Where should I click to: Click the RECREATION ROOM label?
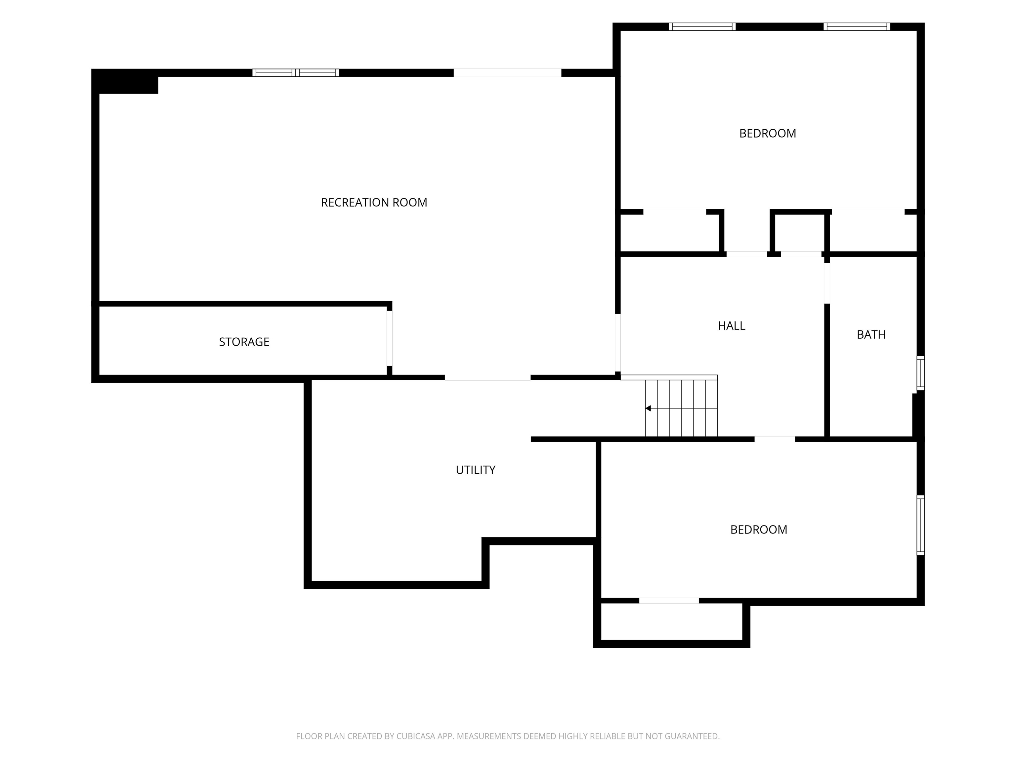pyautogui.click(x=374, y=202)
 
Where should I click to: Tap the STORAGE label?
pyautogui.click(x=244, y=342)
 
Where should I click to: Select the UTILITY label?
pyautogui.click(x=475, y=470)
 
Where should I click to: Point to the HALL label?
pyautogui.click(x=731, y=326)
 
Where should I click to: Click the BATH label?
pyautogui.click(x=871, y=334)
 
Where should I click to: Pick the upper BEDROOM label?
pyautogui.click(x=768, y=133)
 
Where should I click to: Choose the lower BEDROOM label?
pyautogui.click(x=759, y=529)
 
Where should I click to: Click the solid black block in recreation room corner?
pyautogui.click(x=125, y=82)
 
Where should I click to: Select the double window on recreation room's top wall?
pyautogui.click(x=295, y=72)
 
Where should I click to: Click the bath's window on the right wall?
pyautogui.click(x=920, y=373)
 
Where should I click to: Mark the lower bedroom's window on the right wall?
pyautogui.click(x=920, y=525)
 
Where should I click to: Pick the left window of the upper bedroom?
pyautogui.click(x=702, y=27)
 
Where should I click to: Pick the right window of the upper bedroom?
pyautogui.click(x=857, y=27)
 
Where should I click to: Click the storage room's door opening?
pyautogui.click(x=390, y=339)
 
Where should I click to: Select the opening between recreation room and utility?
pyautogui.click(x=488, y=378)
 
